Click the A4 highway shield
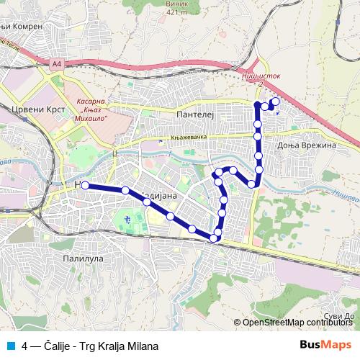[x=57, y=64]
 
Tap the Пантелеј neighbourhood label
[x=191, y=114]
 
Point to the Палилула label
[x=84, y=257]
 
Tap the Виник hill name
[x=178, y=4]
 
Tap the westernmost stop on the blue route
[x=85, y=185]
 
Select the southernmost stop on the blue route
[x=214, y=238]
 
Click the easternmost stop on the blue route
[x=276, y=102]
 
